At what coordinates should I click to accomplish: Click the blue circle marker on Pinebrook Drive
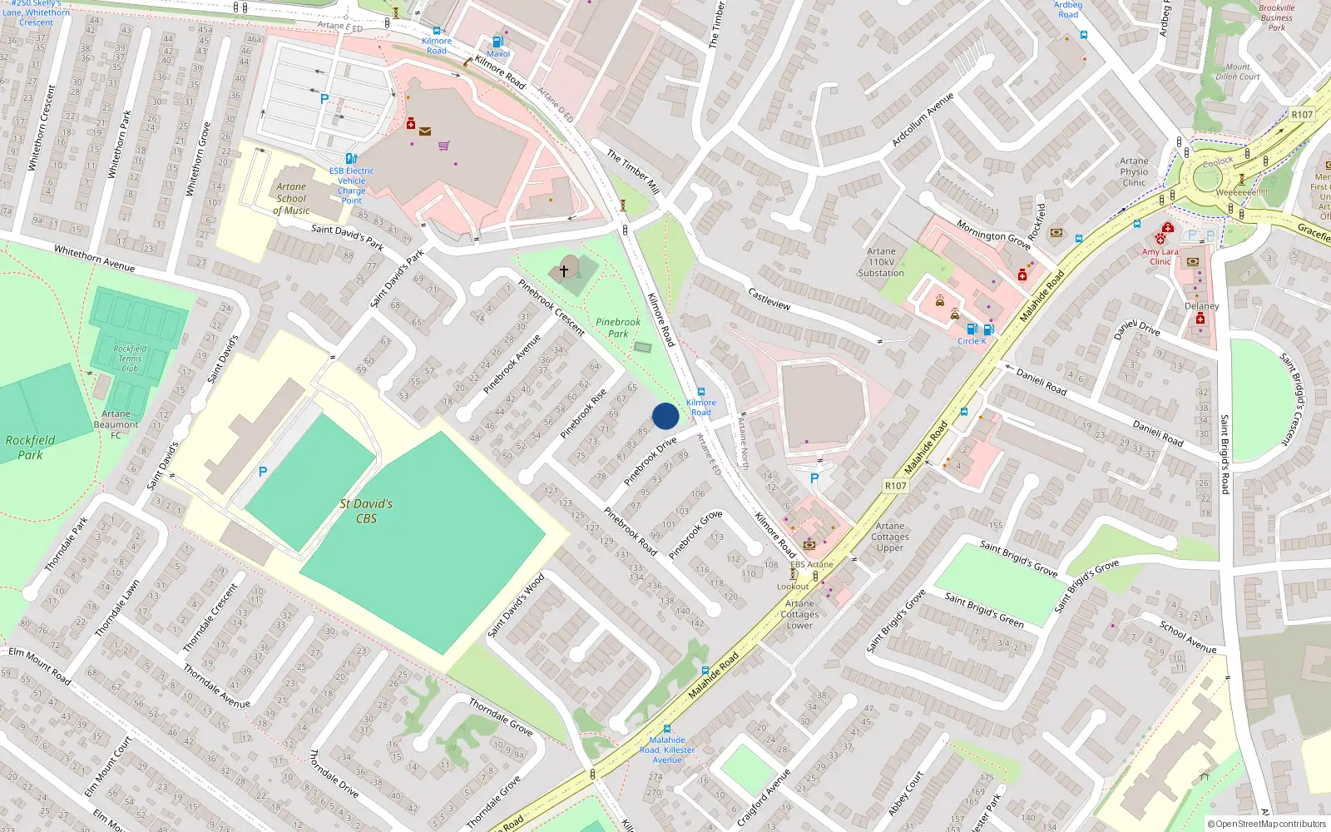tap(665, 416)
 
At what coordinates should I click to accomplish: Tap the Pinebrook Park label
tap(618, 328)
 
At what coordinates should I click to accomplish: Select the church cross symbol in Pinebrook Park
tap(564, 270)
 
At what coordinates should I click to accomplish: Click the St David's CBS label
tap(366, 511)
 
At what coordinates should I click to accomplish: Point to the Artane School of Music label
tap(291, 199)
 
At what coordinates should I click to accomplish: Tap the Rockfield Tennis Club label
tap(130, 359)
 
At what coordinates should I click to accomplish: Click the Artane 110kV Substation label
tap(881, 262)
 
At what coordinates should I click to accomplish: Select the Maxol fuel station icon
tap(497, 42)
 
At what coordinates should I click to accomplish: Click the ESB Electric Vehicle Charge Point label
tap(351, 186)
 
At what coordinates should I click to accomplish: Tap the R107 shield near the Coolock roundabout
tap(1302, 115)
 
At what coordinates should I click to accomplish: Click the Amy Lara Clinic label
tap(1160, 256)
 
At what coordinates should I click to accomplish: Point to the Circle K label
tap(972, 341)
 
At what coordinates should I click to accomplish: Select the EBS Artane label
tap(811, 564)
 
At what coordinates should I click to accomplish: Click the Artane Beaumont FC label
tap(116, 424)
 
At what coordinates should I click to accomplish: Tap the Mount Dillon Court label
tap(1238, 72)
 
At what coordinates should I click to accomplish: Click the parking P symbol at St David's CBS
tap(263, 472)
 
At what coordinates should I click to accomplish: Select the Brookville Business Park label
tap(1277, 17)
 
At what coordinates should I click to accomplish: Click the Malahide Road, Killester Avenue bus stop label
tap(667, 750)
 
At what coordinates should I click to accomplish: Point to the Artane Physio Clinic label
tap(1134, 171)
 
